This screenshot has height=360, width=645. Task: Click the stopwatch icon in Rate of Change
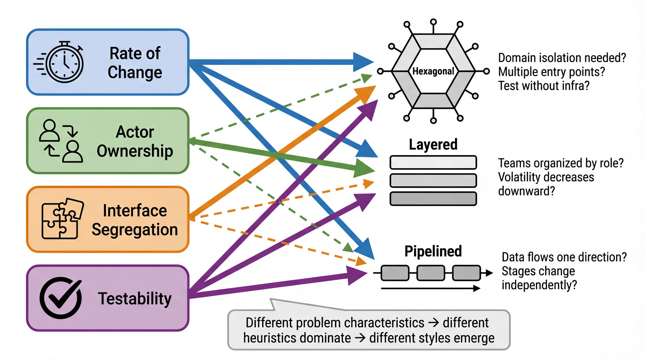pyautogui.click(x=64, y=62)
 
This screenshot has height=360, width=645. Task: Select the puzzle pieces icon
pyautogui.click(x=62, y=219)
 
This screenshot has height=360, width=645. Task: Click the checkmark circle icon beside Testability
pyautogui.click(x=61, y=298)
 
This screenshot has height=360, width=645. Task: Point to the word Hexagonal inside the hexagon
pyautogui.click(x=433, y=71)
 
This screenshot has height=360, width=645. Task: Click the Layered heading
pyautogui.click(x=433, y=144)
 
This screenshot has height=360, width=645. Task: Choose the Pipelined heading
pyautogui.click(x=433, y=251)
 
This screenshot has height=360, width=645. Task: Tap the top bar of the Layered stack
pyautogui.click(x=433, y=163)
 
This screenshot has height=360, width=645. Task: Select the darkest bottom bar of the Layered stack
pyautogui.click(x=433, y=198)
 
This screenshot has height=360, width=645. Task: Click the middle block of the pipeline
pyautogui.click(x=431, y=273)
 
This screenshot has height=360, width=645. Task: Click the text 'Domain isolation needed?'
pyautogui.click(x=562, y=58)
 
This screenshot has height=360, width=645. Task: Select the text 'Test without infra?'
pyautogui.click(x=544, y=86)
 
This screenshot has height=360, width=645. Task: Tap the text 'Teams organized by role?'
pyautogui.click(x=561, y=163)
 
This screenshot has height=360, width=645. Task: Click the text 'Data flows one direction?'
pyautogui.click(x=564, y=257)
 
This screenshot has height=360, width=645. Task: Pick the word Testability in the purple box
pyautogui.click(x=135, y=299)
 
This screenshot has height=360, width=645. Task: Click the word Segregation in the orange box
pyautogui.click(x=135, y=230)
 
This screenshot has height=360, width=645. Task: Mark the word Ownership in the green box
pyautogui.click(x=135, y=151)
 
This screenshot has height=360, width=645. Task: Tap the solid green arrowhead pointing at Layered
pyautogui.click(x=365, y=169)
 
